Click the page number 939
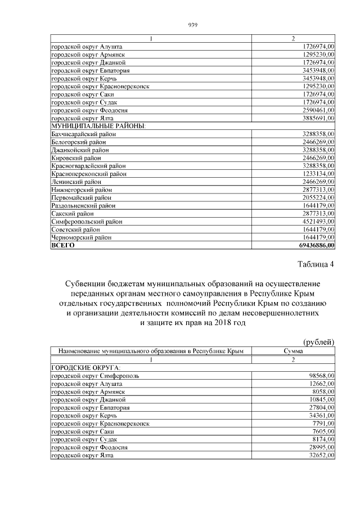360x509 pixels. [x=191, y=24]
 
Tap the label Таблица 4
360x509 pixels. [x=316, y=264]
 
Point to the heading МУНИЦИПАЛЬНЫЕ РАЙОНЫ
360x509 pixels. [x=98, y=127]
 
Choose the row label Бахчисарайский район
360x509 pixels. [x=81, y=135]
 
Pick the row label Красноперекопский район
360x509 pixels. [x=88, y=174]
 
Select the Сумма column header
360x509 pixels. [x=293, y=351]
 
